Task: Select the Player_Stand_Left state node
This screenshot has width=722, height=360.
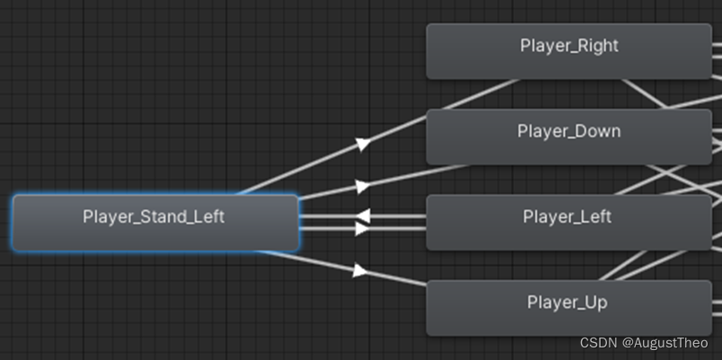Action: tap(154, 223)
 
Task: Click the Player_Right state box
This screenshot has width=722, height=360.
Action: tap(568, 51)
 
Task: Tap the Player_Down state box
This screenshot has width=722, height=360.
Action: tap(568, 136)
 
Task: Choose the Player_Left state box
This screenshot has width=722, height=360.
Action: tap(568, 222)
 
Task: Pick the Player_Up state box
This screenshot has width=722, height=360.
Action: tap(568, 308)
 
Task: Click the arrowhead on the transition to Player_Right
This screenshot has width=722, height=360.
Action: tap(362, 144)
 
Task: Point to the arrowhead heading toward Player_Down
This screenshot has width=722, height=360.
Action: tap(362, 187)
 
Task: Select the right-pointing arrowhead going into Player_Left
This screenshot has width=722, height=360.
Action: tap(362, 229)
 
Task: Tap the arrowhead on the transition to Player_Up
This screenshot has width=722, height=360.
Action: tap(360, 269)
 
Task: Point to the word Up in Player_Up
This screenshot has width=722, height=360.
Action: tap(595, 303)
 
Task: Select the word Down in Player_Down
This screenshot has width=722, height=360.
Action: tap(597, 131)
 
